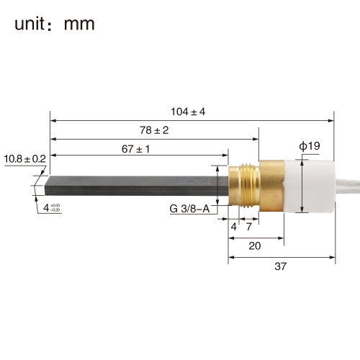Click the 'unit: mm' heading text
[x=55, y=24]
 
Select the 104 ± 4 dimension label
[x=188, y=112]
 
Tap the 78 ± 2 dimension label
[x=154, y=130]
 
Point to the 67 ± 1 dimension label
[x=135, y=149]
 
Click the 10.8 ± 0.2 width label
[x=25, y=159]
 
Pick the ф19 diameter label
[x=310, y=145]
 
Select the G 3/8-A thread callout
[x=189, y=209]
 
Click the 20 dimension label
[x=255, y=246]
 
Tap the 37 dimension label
[x=281, y=266]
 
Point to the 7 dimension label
[x=249, y=227]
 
